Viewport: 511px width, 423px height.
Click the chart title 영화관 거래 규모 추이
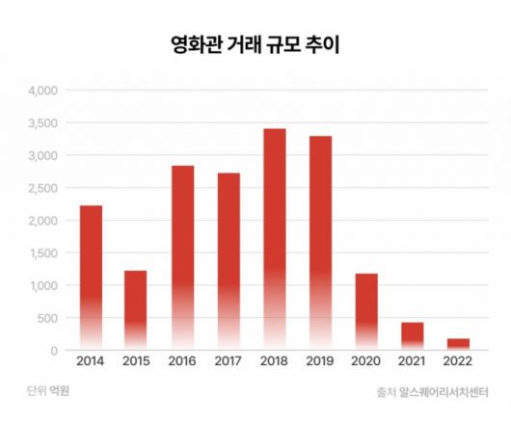255,44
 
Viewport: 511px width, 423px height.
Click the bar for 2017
229,261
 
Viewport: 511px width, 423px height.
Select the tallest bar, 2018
274,240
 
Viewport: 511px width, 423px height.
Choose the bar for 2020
366,311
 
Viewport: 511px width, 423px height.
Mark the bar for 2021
413,336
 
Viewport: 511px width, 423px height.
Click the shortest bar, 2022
458,344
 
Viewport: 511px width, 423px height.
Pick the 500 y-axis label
48,319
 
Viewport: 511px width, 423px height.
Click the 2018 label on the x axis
274,363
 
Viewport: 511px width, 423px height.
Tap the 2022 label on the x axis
458,363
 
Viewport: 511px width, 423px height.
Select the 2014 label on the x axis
91,363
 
